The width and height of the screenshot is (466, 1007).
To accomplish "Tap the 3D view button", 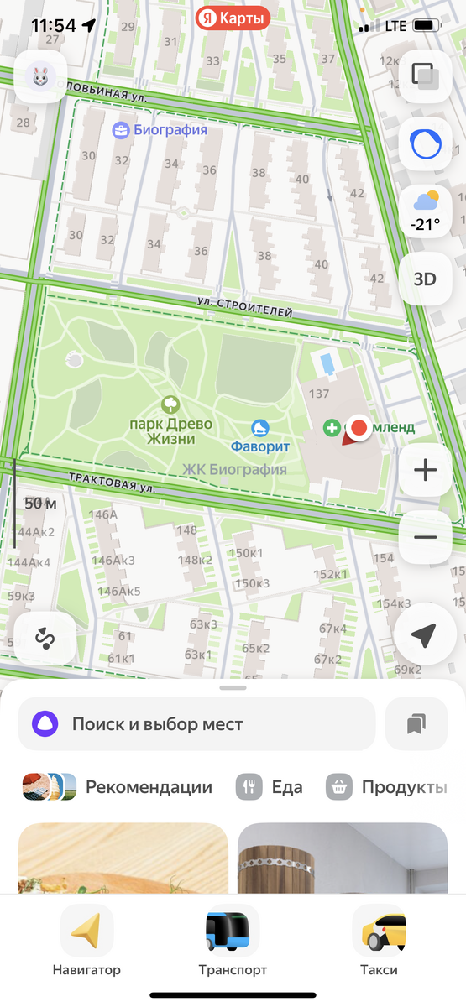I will point(426,279).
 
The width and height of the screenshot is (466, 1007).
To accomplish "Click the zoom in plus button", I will point(426,470).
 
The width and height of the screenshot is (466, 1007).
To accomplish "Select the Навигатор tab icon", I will point(87,931).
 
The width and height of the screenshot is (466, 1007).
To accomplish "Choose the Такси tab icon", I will point(379,931).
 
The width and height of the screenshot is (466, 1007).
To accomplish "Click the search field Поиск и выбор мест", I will point(196,723).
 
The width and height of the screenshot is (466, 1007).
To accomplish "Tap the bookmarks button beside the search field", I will point(416,723).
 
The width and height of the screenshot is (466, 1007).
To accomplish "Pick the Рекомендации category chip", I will point(118,787).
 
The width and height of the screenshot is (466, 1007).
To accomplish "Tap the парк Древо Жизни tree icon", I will point(170,405).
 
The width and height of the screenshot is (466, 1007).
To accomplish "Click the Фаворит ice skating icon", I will point(260,428).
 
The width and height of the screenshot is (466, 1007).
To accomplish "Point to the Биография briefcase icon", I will point(122,130).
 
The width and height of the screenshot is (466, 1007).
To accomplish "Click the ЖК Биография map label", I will point(234,470).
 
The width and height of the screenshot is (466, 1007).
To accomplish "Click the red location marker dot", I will point(359,428).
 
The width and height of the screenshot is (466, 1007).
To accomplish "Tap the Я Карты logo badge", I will point(233,18).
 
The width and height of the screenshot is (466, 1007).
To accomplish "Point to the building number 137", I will point(319,394).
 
